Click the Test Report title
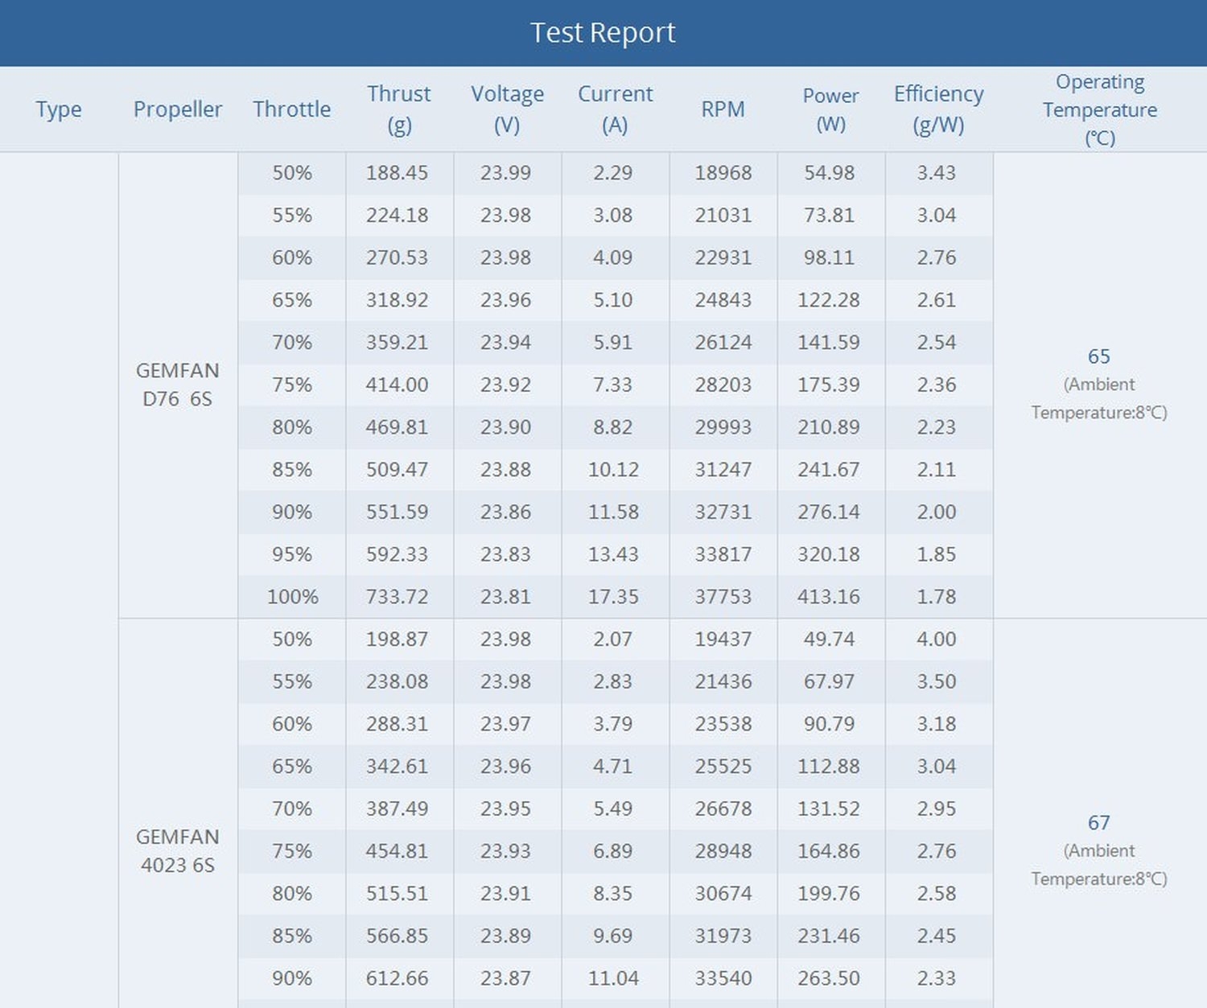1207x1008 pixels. [603, 33]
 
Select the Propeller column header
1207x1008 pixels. [177, 109]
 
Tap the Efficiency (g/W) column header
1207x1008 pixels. [938, 109]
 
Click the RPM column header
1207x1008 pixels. [723, 109]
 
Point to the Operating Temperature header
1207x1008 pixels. [1099, 109]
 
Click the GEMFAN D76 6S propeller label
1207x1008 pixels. [177, 385]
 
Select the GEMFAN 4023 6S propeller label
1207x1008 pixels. [177, 850]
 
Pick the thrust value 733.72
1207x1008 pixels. [397, 597]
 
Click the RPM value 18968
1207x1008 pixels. [723, 173]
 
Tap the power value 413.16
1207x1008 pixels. [828, 597]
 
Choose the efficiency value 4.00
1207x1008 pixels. [936, 640]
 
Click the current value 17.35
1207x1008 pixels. [612, 597]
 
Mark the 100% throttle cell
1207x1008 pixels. [292, 597]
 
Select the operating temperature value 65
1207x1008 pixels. [1098, 356]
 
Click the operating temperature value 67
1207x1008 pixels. [1098, 823]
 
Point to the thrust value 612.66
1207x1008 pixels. [397, 978]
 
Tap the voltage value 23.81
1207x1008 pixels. [505, 597]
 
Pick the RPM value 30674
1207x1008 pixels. [723, 894]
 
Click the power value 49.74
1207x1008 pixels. [828, 640]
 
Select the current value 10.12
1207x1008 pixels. [612, 470]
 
